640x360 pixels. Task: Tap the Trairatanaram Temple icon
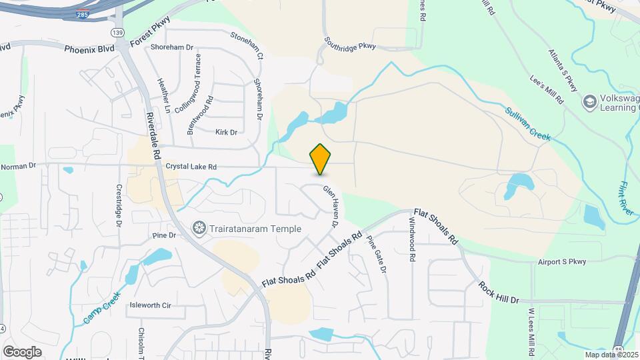coord(199,229)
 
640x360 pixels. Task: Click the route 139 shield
coord(118,32)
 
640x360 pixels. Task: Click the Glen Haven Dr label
coord(331,207)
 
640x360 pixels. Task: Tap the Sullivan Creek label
coord(528,123)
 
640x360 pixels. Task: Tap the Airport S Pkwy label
coord(563,262)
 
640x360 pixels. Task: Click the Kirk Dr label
coord(226,132)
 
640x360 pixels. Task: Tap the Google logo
coord(22,351)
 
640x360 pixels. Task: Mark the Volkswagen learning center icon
coord(589,102)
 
